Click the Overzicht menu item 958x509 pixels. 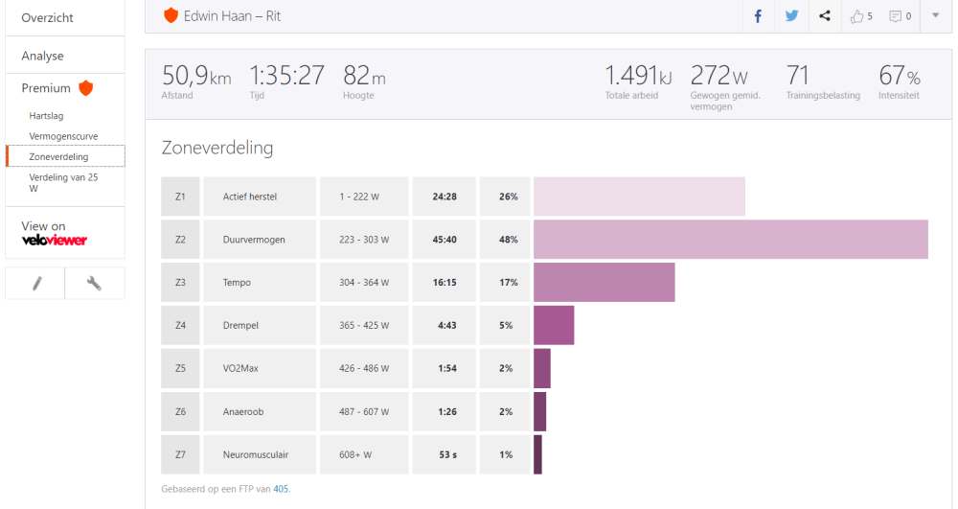click(47, 17)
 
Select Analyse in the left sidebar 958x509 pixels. click(42, 56)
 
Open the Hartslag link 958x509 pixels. click(46, 115)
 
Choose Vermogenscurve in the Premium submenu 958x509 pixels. click(63, 136)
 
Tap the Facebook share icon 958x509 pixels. click(758, 15)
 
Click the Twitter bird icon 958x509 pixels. click(791, 15)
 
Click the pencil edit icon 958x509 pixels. click(35, 284)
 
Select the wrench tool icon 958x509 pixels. click(94, 284)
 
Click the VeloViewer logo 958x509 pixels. click(55, 240)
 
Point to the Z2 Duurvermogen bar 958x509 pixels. click(730, 240)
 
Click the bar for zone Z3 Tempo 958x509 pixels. click(604, 283)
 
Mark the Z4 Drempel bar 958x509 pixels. click(554, 326)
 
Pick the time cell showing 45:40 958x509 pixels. click(444, 240)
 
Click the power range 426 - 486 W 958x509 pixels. click(364, 369)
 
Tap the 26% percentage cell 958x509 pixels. click(508, 197)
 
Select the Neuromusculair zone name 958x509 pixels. click(256, 454)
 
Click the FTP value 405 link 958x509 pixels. click(281, 489)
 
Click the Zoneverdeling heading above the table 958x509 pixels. click(217, 148)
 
